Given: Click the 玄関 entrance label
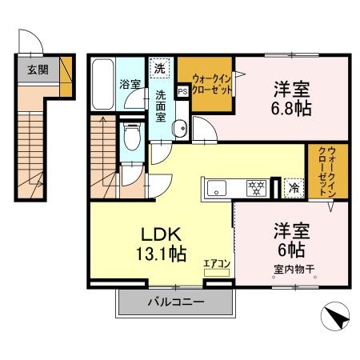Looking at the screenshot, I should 38,70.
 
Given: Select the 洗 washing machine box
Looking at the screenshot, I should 161,70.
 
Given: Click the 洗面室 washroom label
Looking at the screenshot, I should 161,105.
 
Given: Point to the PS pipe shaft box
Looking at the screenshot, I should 182,90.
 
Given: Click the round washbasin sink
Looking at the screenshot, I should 179,126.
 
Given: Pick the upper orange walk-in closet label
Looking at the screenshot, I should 213,84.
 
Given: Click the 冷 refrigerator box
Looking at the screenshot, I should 293,188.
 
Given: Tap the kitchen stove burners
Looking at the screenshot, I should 255,189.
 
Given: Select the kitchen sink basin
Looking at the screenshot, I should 218,189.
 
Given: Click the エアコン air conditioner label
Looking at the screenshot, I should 215,262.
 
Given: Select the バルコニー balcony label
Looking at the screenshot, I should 175,302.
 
